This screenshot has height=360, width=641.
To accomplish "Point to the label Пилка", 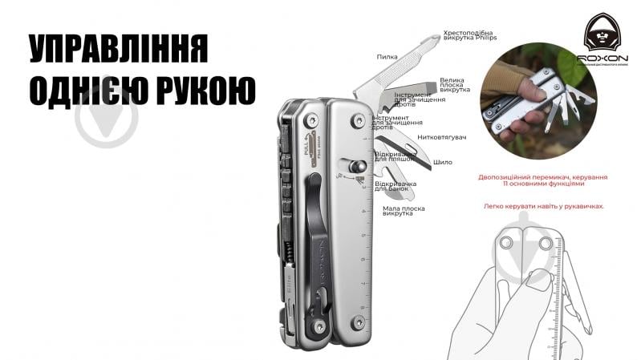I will [x=387, y=58].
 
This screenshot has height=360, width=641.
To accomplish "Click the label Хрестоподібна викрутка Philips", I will [x=470, y=37].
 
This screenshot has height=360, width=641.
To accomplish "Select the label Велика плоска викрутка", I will [x=455, y=87].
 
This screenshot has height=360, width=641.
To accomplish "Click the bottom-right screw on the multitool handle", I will [x=358, y=324].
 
